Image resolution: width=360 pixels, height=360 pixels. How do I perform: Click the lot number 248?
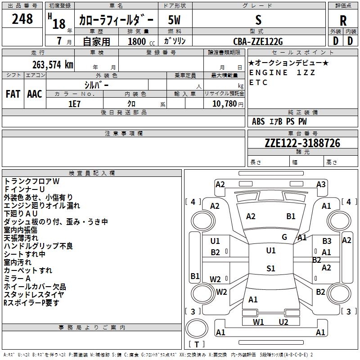tap(22, 19)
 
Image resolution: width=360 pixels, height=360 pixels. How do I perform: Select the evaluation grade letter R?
tap(343, 20)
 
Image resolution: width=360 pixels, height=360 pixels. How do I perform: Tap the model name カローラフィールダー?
tap(116, 20)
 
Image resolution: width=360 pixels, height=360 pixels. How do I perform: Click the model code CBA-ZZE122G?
tap(258, 41)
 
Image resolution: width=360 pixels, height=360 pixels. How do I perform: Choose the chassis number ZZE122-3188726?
tap(302, 143)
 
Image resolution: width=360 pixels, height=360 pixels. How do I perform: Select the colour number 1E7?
tap(74, 103)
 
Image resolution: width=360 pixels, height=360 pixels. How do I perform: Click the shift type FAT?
tap(13, 94)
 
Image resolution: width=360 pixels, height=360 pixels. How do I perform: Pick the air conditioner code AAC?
tap(35, 94)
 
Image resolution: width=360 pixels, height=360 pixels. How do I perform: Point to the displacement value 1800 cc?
tap(140, 42)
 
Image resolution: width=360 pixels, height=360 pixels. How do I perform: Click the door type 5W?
tap(175, 20)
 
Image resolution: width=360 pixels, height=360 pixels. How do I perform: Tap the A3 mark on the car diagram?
tap(321, 184)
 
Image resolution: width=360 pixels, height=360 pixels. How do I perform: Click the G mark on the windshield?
tap(284, 237)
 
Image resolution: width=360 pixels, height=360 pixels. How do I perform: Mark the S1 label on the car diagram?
tap(270, 269)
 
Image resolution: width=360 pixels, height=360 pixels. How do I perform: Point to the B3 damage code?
tap(327, 241)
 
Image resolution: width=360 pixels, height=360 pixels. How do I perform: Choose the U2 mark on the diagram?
tap(283, 322)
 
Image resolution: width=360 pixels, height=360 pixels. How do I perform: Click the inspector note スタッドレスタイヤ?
tap(34, 295)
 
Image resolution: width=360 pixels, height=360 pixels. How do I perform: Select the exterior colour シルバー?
tap(97, 85)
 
